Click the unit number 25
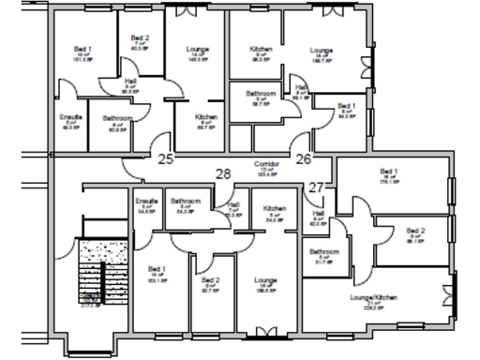click(166, 158)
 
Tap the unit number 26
click(304, 158)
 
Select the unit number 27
click(316, 187)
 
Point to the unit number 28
click(223, 173)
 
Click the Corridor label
click(265, 164)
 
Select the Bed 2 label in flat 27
click(415, 230)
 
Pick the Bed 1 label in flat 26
click(346, 107)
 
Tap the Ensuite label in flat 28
click(145, 202)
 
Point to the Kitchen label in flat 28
click(274, 209)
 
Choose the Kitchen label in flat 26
click(260, 49)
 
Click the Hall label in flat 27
click(318, 214)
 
